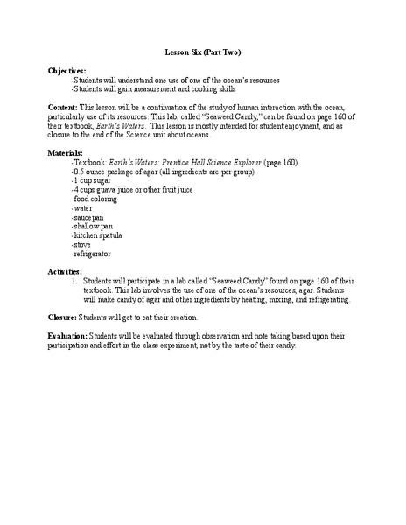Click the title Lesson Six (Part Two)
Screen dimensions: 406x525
coord(203,52)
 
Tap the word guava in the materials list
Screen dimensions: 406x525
coord(114,191)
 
